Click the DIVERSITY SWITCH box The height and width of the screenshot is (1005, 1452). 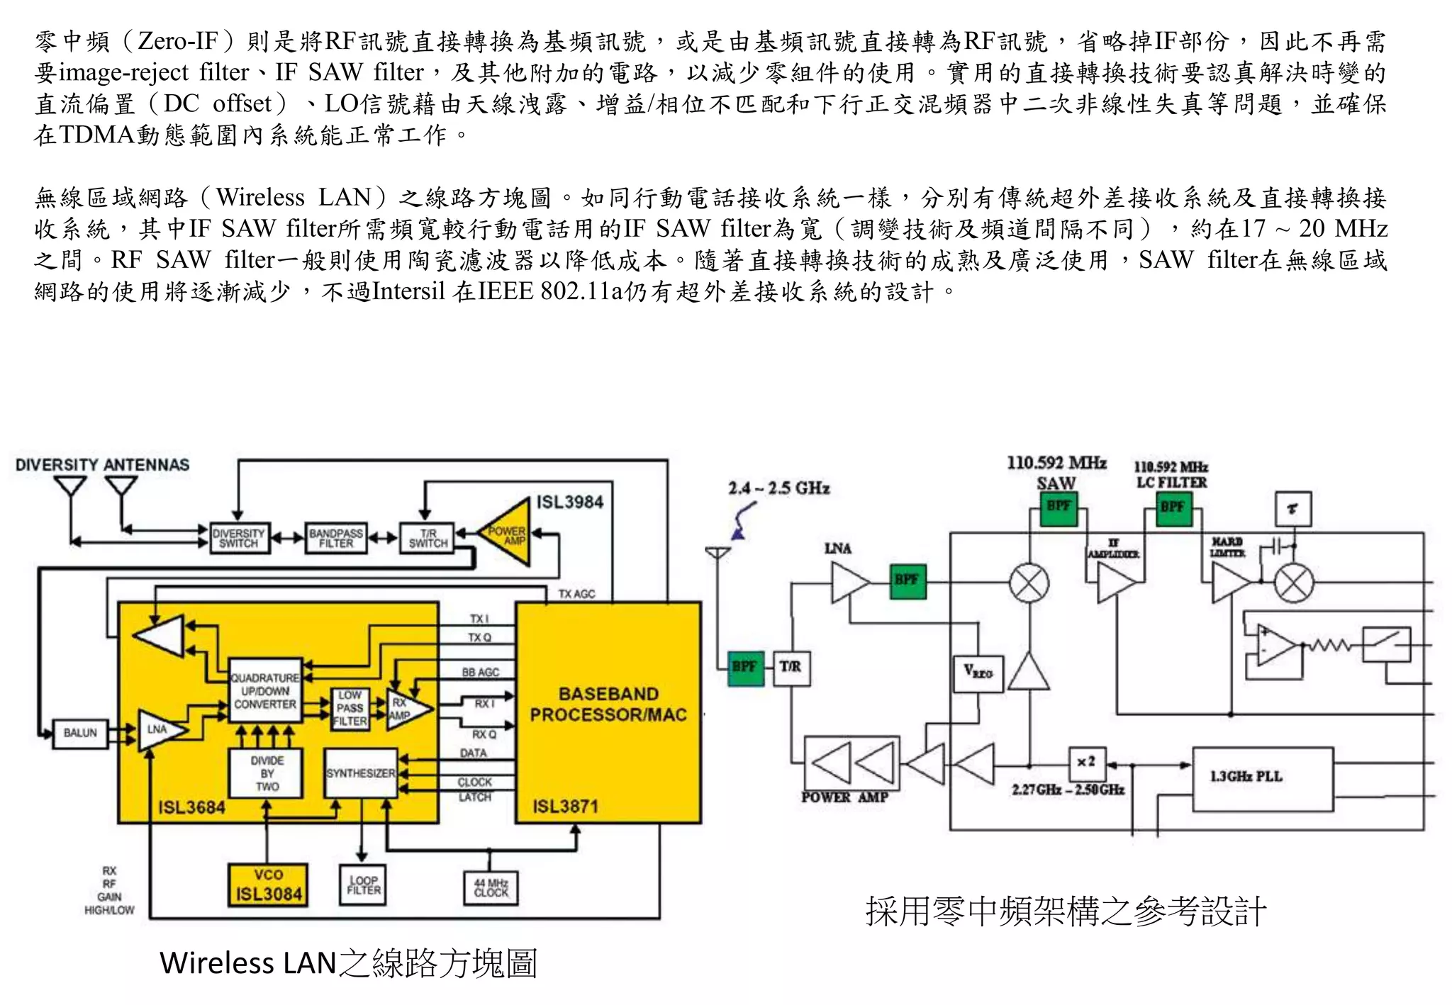pyautogui.click(x=240, y=538)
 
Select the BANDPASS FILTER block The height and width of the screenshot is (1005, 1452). pyautogui.click(x=336, y=538)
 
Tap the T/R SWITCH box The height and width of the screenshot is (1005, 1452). pyautogui.click(x=427, y=538)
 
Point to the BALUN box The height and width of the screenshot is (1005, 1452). pyautogui.click(x=80, y=733)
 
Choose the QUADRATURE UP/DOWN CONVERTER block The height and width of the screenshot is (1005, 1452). pyautogui.click(x=264, y=691)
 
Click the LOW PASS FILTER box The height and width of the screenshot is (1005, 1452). pyautogui.click(x=350, y=708)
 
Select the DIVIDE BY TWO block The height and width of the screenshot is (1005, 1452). pyautogui.click(x=267, y=773)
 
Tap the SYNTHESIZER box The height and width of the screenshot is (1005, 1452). pyautogui.click(x=360, y=773)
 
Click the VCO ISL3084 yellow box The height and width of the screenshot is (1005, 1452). pyautogui.click(x=268, y=885)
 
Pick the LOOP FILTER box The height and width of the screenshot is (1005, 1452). pyautogui.click(x=363, y=885)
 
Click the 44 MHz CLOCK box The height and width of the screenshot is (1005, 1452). pyautogui.click(x=491, y=887)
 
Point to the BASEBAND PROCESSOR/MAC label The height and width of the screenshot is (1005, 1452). pyautogui.click(x=608, y=704)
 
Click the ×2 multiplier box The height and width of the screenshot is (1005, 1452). pyautogui.click(x=1086, y=762)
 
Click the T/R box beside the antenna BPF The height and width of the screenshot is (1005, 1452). pyautogui.click(x=791, y=667)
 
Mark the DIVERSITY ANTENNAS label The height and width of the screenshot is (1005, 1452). pyautogui.click(x=102, y=465)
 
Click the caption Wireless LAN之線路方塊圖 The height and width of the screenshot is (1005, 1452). pyautogui.click(x=348, y=963)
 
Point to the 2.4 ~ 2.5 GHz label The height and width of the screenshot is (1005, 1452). pyautogui.click(x=778, y=488)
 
